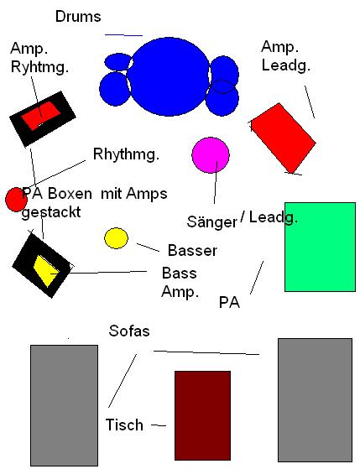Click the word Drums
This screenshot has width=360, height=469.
pyautogui.click(x=78, y=17)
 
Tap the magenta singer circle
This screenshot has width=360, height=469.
pyautogui.click(x=211, y=155)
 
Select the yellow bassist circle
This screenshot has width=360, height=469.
pyautogui.click(x=116, y=238)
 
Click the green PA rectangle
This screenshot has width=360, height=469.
pyautogui.click(x=320, y=247)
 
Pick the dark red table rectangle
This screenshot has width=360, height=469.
pyautogui.click(x=202, y=415)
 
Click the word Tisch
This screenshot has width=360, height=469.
pyautogui.click(x=124, y=425)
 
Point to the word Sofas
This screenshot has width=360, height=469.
pyautogui.click(x=129, y=331)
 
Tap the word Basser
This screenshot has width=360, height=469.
pyautogui.click(x=192, y=250)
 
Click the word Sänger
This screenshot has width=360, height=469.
pyautogui.click(x=211, y=221)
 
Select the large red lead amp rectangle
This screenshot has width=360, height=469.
pyautogui.click(x=283, y=138)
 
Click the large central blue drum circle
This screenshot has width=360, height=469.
pyautogui.click(x=170, y=76)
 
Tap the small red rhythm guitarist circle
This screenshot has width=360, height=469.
pyautogui.click(x=16, y=200)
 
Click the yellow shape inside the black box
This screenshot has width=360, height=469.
pyautogui.click(x=46, y=271)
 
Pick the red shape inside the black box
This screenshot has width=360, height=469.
pyautogui.click(x=41, y=115)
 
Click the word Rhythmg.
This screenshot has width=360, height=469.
pyautogui.click(x=126, y=154)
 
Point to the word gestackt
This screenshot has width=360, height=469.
pyautogui.click(x=51, y=212)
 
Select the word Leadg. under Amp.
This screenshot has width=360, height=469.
pyautogui.click(x=286, y=65)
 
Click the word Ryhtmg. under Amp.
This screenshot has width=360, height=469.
pyautogui.click(x=39, y=67)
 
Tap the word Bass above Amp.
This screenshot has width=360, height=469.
pyautogui.click(x=180, y=273)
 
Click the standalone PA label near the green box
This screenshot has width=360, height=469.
pyautogui.click(x=230, y=302)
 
